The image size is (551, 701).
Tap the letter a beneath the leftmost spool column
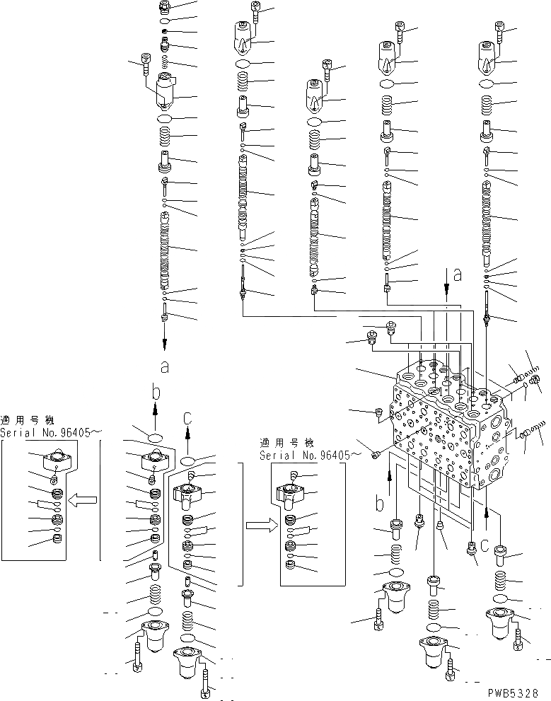[165, 366]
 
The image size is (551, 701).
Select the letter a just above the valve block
[457, 276]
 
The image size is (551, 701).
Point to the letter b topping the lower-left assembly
[157, 391]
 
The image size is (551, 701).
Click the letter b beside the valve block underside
[381, 505]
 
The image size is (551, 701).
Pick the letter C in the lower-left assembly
[187, 419]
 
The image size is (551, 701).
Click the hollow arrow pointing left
[85, 502]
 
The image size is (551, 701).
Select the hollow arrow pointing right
[257, 526]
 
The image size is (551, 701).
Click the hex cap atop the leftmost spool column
[165, 7]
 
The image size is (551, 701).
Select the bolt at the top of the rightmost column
[501, 30]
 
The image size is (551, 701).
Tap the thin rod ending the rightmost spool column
[488, 311]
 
